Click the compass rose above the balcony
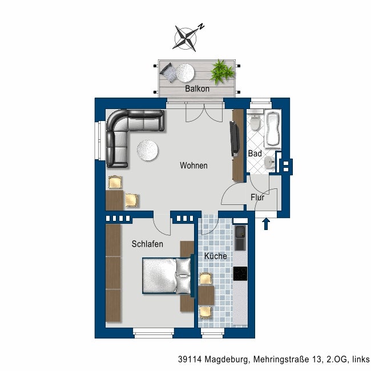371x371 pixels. tap(185, 39)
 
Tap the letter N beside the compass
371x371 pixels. tap(201, 26)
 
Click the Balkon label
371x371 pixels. tap(197, 88)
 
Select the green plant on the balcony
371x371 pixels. tap(222, 72)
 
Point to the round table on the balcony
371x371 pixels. tap(185, 73)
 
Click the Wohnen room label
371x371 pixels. tap(193, 166)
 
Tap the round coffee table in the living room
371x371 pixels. tap(148, 151)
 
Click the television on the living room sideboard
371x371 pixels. tap(234, 139)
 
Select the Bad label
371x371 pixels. tap(255, 154)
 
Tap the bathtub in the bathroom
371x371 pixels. tap(273, 129)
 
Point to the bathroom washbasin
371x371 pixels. tap(269, 162)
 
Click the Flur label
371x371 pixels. tap(257, 197)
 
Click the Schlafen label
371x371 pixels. tap(147, 244)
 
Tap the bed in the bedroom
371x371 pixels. tap(167, 276)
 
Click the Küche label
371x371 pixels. tap(216, 256)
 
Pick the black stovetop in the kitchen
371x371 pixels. tap(240, 273)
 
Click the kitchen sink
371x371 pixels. tap(240, 238)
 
